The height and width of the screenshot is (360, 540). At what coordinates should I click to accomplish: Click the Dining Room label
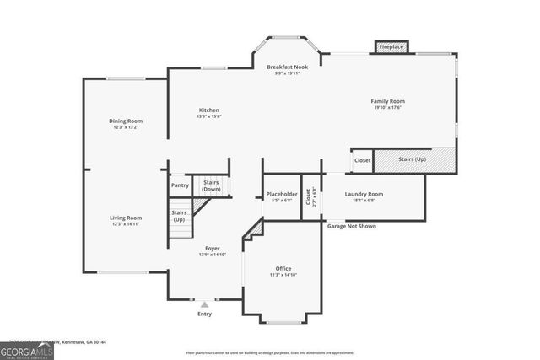(125, 121)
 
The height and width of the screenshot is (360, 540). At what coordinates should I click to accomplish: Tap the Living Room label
(125, 218)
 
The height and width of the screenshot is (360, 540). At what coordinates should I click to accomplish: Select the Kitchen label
(209, 110)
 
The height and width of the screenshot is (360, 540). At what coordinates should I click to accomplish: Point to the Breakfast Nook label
(288, 67)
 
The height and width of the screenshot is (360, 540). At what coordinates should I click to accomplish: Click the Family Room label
(387, 101)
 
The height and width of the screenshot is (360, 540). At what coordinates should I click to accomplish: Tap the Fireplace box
(391, 46)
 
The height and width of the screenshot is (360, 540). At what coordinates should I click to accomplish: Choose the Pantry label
(180, 185)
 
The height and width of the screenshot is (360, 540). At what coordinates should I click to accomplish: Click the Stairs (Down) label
(212, 185)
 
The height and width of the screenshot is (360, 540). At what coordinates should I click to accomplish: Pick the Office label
(283, 269)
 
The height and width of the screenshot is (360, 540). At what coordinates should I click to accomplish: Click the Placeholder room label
(282, 194)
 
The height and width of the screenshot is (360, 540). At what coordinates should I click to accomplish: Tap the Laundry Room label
(364, 194)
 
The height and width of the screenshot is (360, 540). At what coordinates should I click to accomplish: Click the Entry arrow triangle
(203, 304)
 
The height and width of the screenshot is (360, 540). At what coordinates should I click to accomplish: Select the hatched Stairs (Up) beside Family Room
(413, 159)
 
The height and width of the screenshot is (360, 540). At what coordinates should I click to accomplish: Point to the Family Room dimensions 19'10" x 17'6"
(387, 108)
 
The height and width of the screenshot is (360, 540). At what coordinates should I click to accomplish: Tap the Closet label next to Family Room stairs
(362, 159)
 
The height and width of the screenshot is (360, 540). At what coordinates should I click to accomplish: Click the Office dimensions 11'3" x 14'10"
(283, 276)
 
